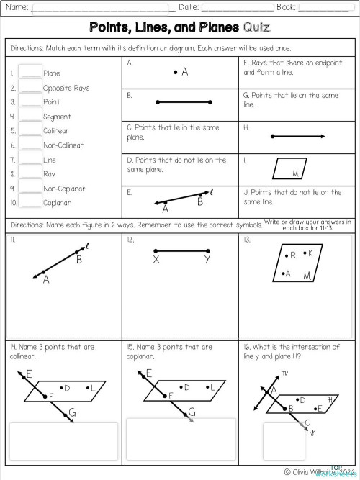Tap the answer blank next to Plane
point(30,72)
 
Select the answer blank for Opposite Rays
point(30,86)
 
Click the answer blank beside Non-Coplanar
point(30,188)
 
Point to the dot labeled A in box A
point(176,73)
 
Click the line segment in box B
point(180,102)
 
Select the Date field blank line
point(237,9)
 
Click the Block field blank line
point(325,9)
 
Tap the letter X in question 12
point(156,260)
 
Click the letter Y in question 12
point(207,260)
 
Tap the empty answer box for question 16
point(279,440)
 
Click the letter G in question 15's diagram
point(192,412)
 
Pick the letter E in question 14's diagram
point(29,373)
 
